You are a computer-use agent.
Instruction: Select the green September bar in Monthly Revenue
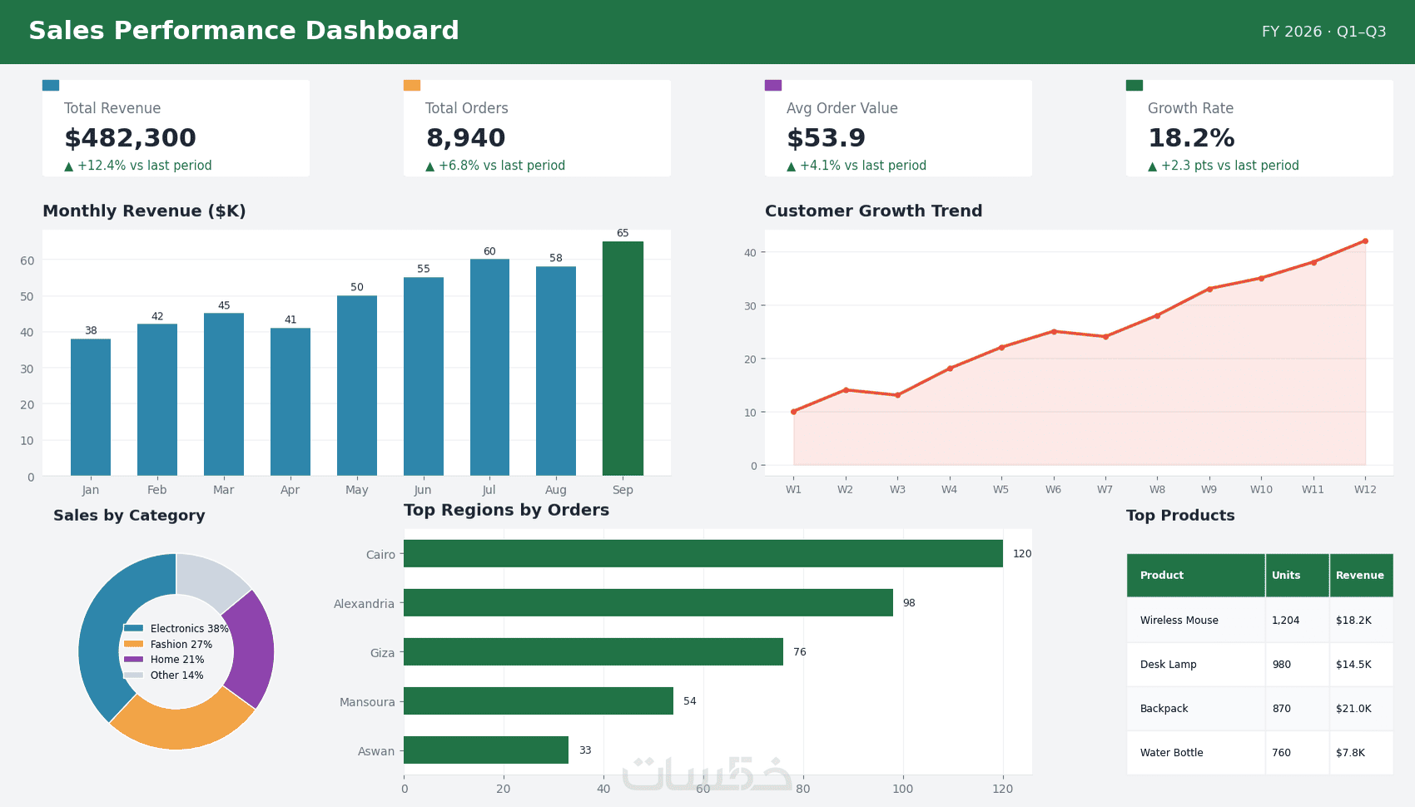(x=623, y=358)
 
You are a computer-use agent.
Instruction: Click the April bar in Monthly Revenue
(x=290, y=402)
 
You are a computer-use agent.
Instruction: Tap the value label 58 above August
(x=556, y=258)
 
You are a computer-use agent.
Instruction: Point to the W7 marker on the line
(x=1105, y=337)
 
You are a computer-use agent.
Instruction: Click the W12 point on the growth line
(x=1365, y=241)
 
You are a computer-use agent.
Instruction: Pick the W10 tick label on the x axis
(x=1261, y=489)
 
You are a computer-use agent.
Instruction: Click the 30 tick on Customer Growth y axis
(x=750, y=305)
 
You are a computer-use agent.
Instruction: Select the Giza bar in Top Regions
(x=593, y=651)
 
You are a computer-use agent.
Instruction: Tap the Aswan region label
(x=376, y=750)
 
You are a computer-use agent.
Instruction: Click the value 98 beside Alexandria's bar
(x=909, y=602)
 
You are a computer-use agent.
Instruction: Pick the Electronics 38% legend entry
(x=176, y=628)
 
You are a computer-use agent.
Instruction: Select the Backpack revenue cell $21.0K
(x=1353, y=709)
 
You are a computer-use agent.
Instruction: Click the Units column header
(x=1286, y=575)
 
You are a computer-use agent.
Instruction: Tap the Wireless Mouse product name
(x=1179, y=620)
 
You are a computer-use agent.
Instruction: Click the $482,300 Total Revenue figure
(x=130, y=137)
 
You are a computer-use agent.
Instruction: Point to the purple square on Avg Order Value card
(x=773, y=85)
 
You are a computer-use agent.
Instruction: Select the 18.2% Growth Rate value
(x=1191, y=137)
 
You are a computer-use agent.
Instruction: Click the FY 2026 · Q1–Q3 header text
(x=1323, y=32)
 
